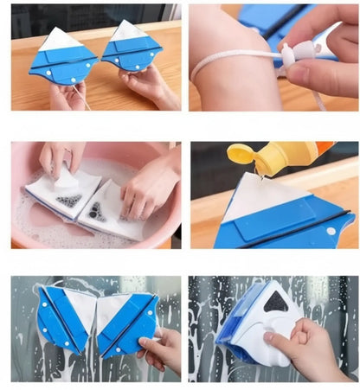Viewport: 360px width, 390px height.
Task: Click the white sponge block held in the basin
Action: pyautogui.click(x=66, y=177)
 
